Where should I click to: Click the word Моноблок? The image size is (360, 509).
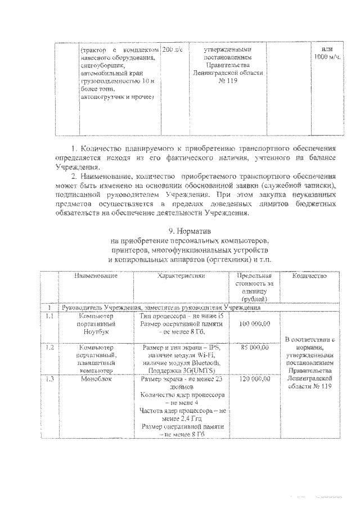[98, 380]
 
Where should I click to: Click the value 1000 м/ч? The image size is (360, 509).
[327, 57]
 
